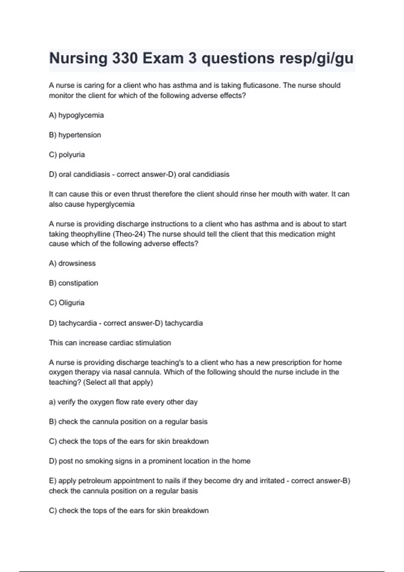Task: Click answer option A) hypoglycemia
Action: (76, 115)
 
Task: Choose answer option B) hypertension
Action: (75, 135)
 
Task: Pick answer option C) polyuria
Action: (67, 155)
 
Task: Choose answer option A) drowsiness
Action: (72, 263)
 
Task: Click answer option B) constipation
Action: (73, 283)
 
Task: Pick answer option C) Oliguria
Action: (67, 303)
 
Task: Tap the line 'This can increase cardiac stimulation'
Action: (110, 343)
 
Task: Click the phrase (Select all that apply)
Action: (117, 382)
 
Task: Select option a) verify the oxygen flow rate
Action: (123, 402)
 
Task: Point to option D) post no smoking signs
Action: (149, 461)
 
